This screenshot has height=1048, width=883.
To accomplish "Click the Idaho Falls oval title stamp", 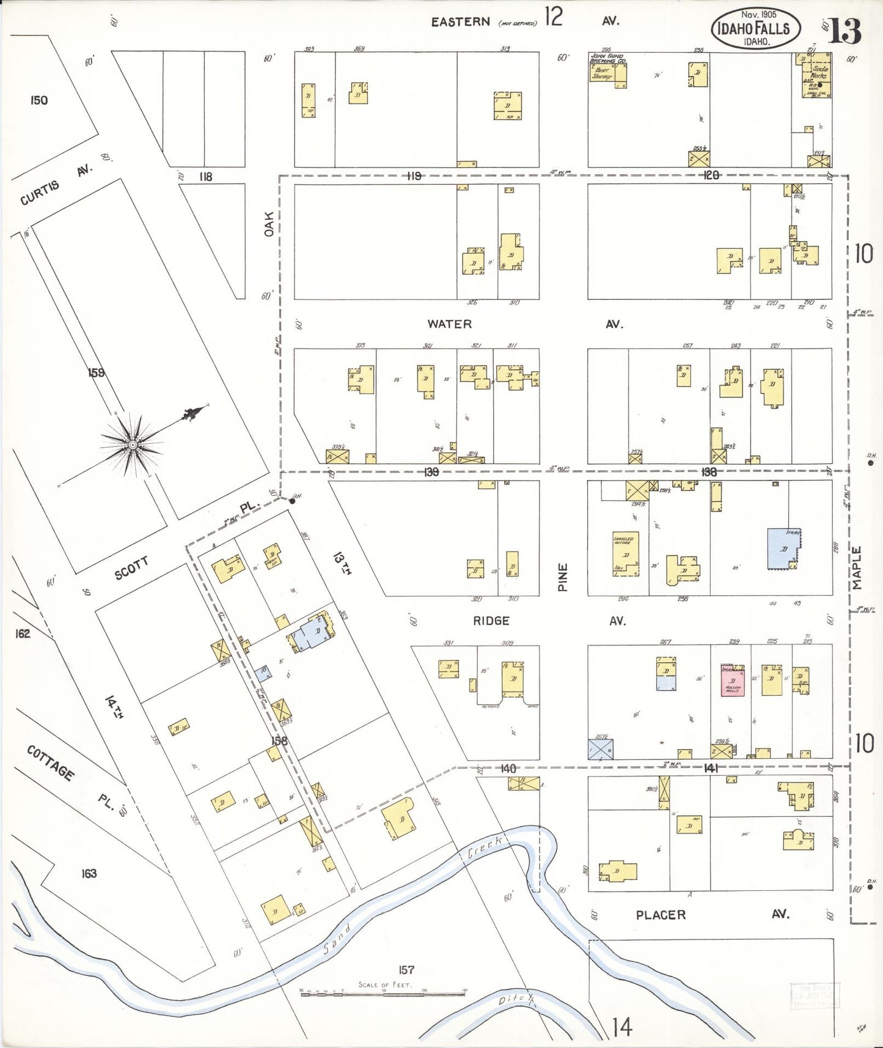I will [755, 28].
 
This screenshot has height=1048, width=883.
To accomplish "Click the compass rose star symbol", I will [131, 444].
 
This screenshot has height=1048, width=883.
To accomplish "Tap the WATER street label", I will [449, 324].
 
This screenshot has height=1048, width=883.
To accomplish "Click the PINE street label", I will [563, 577].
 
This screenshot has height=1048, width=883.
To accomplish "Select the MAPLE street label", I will [857, 568].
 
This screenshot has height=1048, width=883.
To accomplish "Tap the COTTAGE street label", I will [51, 762].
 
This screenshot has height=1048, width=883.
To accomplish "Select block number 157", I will [406, 970].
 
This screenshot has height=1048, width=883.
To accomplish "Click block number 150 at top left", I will [38, 100].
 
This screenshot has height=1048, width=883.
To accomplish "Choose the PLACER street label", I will [661, 915].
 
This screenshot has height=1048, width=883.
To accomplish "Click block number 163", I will [89, 873].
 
